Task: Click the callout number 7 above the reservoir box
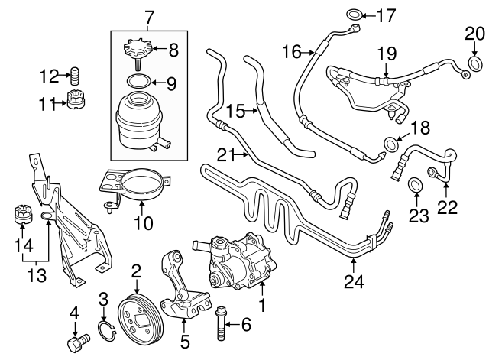(150, 15)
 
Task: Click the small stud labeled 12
(76, 76)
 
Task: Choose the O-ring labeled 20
(474, 62)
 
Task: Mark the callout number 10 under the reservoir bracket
(143, 224)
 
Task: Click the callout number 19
(387, 54)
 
